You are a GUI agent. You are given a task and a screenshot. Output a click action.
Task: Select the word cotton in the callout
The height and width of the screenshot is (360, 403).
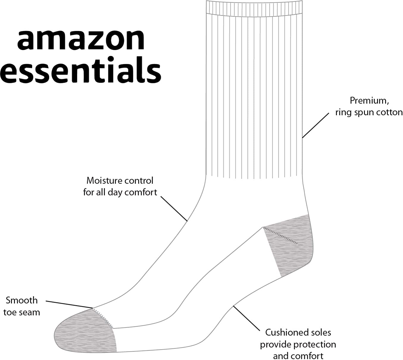pyautogui.click(x=388, y=112)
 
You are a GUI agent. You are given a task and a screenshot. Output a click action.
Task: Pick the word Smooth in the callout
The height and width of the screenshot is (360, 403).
pyautogui.click(x=22, y=300)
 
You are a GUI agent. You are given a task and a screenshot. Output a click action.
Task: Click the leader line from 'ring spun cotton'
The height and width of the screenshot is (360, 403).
pyautogui.click(x=315, y=125)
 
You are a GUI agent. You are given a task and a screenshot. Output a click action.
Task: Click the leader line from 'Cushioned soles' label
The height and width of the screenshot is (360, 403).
pyautogui.click(x=246, y=318)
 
